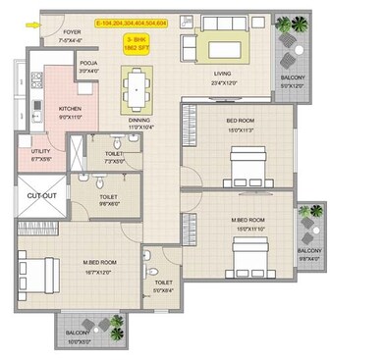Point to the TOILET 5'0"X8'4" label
point(161,287)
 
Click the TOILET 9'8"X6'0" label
point(109,200)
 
